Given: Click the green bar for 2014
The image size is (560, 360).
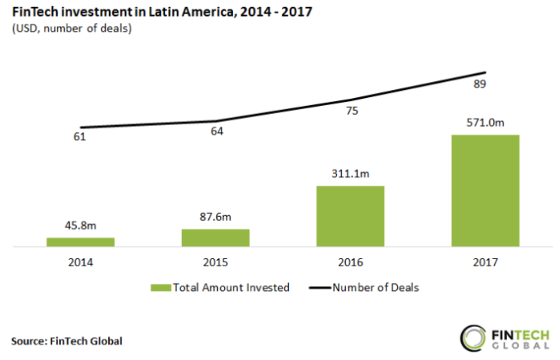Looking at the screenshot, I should [x=81, y=242].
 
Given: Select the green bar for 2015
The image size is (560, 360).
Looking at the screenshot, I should [x=215, y=238].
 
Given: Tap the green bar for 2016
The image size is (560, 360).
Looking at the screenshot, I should [x=350, y=216].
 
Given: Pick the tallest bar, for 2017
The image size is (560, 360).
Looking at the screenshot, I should [x=485, y=191].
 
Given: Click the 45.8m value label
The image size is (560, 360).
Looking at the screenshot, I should [x=81, y=226].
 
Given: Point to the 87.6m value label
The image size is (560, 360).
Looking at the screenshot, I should [x=215, y=217].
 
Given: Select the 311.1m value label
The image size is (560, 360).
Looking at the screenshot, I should [x=350, y=174].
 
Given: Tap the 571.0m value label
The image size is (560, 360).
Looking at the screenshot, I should [x=485, y=123].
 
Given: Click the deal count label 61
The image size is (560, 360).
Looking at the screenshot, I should [x=80, y=137].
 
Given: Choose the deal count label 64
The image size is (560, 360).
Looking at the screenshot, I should [x=217, y=131].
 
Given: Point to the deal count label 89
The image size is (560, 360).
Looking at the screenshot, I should [x=479, y=84].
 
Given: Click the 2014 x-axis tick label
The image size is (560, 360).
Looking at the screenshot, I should [x=81, y=262].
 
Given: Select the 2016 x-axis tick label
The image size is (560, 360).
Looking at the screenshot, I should [x=350, y=262].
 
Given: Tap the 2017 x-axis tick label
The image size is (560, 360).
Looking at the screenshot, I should [x=485, y=262].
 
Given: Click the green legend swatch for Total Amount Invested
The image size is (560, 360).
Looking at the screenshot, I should [x=161, y=288].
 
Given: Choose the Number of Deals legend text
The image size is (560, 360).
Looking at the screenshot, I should [x=376, y=288].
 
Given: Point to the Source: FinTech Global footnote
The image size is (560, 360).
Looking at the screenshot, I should [x=67, y=341].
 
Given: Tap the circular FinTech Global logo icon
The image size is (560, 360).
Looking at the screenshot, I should [x=472, y=338].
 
